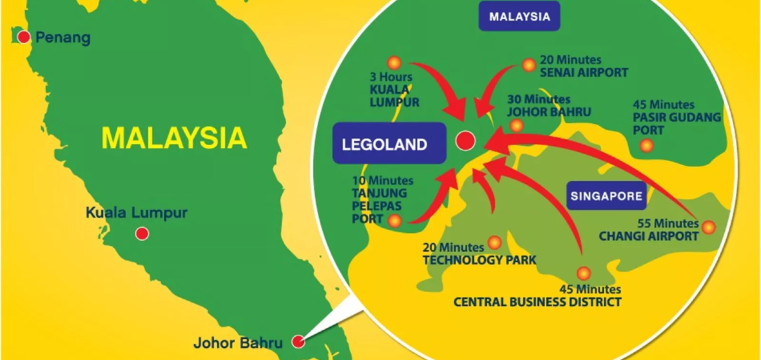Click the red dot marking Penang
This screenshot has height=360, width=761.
point(23,37)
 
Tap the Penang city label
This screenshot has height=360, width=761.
point(62,38)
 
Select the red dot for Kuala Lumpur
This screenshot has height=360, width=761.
point(142,234)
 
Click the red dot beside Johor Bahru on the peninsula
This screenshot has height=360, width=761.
point(299,341)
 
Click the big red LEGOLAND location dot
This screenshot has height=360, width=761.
point(464,141)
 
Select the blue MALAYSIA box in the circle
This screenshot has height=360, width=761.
point(519,17)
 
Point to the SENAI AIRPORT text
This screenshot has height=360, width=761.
point(583,72)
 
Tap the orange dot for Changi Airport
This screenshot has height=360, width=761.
point(709,227)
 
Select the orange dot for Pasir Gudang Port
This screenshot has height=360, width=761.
point(646,145)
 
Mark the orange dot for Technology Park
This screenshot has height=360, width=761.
point(494,242)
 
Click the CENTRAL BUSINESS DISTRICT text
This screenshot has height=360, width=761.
point(537,301)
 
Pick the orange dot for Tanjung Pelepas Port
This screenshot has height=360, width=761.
point(395,220)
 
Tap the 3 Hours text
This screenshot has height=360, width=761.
point(389,76)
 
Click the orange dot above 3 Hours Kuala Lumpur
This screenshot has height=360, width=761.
point(394,60)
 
